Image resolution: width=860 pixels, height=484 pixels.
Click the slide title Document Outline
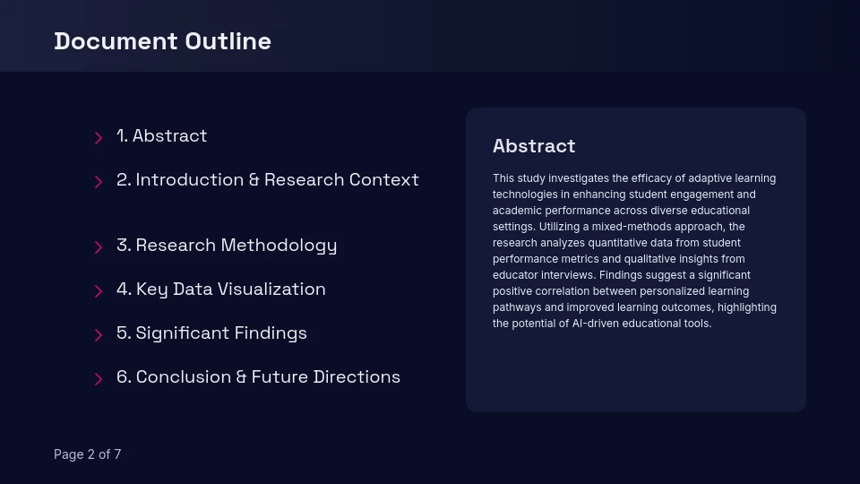coord(162,41)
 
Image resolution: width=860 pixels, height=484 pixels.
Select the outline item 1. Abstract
coord(161,136)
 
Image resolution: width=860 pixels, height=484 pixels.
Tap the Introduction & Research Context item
coord(267,180)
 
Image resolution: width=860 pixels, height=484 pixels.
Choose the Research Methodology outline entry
coord(227,246)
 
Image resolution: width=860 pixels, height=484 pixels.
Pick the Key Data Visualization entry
coord(220,290)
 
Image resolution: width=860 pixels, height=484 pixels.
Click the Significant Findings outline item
coord(211,333)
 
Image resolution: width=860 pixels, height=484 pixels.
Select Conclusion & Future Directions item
coord(258,377)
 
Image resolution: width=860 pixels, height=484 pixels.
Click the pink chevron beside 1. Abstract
coord(99,138)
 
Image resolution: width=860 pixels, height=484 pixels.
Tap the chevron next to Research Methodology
coord(99,247)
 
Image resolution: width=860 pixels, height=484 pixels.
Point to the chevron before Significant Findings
coord(99,335)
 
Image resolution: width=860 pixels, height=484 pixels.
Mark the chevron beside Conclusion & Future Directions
coord(99,379)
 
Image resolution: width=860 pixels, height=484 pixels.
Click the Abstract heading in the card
coord(534,146)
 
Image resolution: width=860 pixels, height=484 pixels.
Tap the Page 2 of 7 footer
coord(87,454)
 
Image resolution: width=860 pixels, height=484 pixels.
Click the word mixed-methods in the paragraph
coord(635,227)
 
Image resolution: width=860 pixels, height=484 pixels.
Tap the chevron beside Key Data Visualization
coord(99,291)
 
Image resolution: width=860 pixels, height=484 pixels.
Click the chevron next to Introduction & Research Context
coord(99,182)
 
